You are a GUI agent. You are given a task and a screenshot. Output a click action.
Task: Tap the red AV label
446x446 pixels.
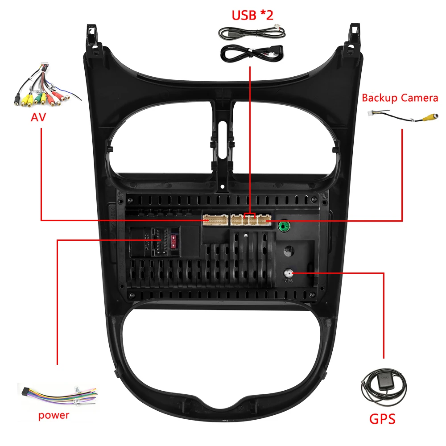tap(38, 117)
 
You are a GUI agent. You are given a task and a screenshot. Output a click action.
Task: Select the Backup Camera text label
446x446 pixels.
tap(400, 98)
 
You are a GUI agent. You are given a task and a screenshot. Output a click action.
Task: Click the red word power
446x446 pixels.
tap(54, 415)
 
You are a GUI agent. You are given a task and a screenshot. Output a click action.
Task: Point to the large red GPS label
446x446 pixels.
tap(382, 419)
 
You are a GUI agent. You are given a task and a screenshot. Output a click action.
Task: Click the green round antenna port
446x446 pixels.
tap(282, 226)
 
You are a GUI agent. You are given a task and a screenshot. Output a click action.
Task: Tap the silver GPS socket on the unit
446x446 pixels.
tap(289, 273)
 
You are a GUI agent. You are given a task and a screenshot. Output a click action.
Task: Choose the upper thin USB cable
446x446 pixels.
tap(252, 33)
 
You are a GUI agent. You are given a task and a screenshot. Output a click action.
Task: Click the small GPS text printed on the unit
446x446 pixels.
tap(289, 281)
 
